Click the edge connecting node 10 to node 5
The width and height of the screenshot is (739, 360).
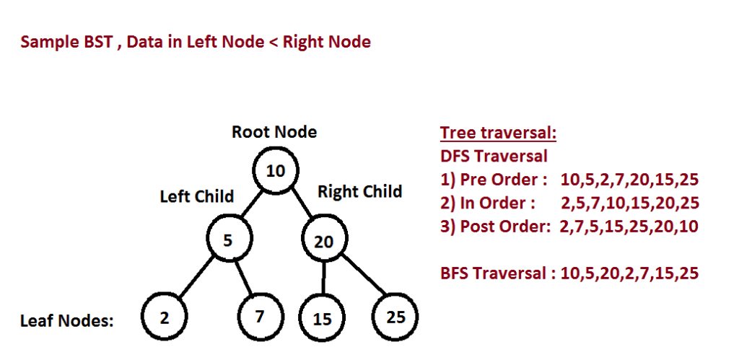pos(252,205)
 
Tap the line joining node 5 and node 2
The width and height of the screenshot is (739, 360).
pos(196,278)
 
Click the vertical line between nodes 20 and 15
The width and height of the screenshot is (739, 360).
pos(323,279)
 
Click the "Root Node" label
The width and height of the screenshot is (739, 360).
pos(274,132)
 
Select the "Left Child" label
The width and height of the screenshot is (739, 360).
pos(197,196)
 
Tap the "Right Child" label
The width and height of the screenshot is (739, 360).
pos(359,191)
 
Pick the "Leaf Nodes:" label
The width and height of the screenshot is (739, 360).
pos(67,321)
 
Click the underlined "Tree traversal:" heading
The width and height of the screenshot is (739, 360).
pos(499,133)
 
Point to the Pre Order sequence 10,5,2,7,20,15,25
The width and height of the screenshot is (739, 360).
pos(629,180)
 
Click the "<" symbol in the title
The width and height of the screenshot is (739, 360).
pos(274,43)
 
